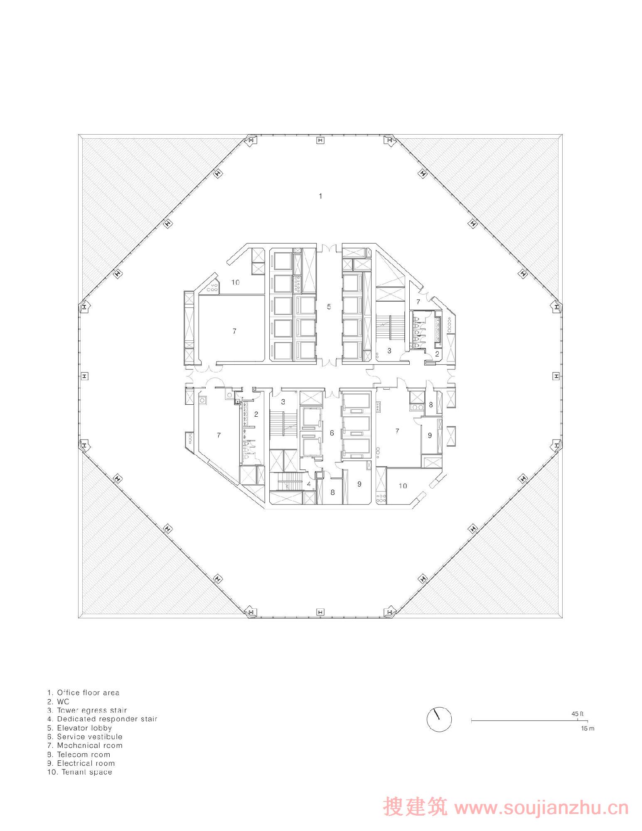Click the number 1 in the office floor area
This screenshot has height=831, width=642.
pos(320,196)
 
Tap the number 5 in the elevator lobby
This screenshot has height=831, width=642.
pos(329,307)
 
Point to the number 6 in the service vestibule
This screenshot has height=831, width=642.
pos(332,433)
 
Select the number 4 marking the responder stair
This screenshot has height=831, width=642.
pos(309,484)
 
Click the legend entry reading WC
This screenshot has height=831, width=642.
pos(58,701)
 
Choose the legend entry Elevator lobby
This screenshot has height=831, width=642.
pos(79,728)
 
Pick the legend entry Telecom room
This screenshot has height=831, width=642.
pos(79,754)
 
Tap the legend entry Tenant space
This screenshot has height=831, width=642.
pos(79,772)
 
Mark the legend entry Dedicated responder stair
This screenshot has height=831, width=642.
pos(102,719)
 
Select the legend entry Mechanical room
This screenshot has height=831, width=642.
pos(84,745)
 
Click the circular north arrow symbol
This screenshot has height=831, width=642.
pos(439,719)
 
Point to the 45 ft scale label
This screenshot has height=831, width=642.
pos(577,714)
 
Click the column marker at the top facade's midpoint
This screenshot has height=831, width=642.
pos(320,141)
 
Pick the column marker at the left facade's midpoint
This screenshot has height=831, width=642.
pos(84,376)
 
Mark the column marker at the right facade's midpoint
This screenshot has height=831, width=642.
pos(556,376)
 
